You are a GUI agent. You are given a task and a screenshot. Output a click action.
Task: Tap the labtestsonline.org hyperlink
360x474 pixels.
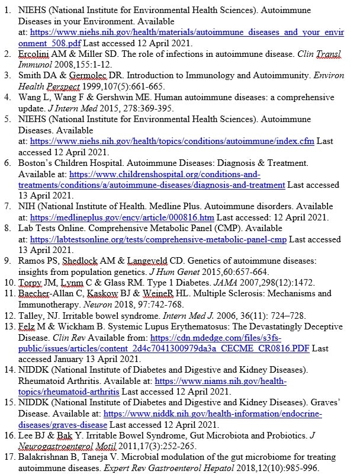click(x=158, y=239)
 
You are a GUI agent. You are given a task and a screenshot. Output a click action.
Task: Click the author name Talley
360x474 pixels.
click(x=31, y=316)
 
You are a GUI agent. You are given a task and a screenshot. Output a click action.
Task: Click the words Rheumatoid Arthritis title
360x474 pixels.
click(x=57, y=381)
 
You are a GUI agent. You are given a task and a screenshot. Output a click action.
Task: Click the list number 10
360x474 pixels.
click(x=8, y=283)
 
